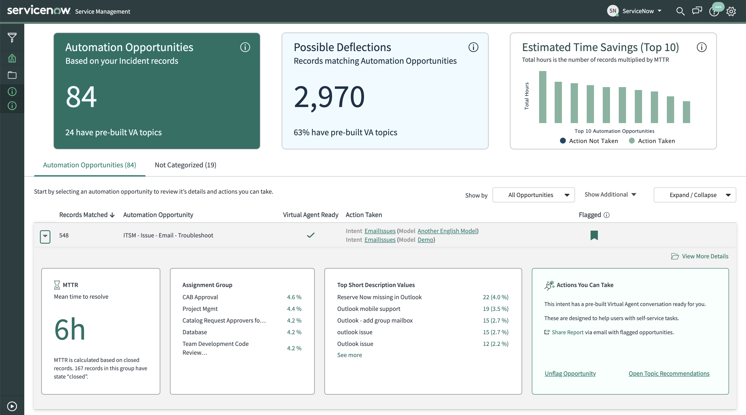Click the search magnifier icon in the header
click(680, 11)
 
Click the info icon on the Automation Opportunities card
click(245, 47)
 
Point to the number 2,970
click(329, 97)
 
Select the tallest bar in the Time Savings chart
click(543, 97)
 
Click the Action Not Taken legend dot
click(563, 141)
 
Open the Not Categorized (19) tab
click(185, 165)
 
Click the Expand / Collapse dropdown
click(695, 195)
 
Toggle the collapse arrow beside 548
click(45, 236)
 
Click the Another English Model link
click(447, 231)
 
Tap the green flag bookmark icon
click(594, 235)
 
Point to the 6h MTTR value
click(69, 329)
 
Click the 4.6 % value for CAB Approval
click(294, 297)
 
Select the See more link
click(349, 355)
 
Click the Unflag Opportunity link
click(570, 374)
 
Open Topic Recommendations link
click(669, 374)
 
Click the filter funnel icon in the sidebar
click(12, 37)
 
